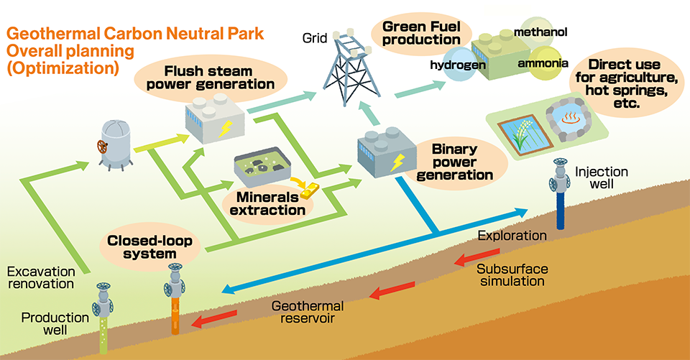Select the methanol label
(x=540, y=32)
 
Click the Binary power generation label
(x=462, y=162)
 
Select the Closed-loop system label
(x=149, y=246)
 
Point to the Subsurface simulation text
(x=512, y=274)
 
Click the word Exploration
(x=511, y=236)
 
